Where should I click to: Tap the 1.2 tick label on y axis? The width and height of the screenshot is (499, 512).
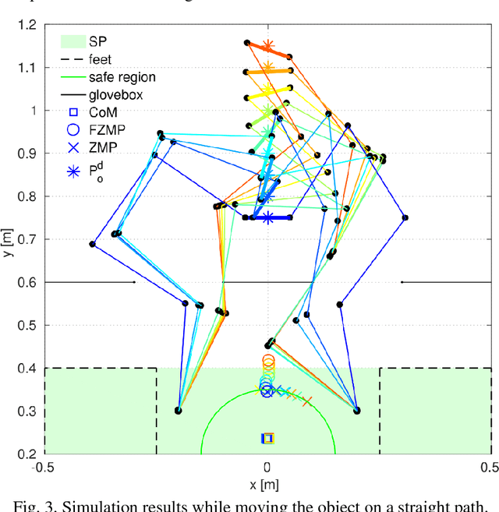click(x=30, y=25)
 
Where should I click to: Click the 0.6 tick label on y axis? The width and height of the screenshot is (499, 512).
click(x=30, y=282)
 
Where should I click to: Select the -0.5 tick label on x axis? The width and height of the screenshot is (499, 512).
click(x=44, y=467)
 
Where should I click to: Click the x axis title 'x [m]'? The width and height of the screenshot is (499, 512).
click(x=267, y=484)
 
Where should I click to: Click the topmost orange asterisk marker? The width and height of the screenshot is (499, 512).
click(x=268, y=46)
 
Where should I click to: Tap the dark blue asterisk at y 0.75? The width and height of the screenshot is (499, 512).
click(x=268, y=217)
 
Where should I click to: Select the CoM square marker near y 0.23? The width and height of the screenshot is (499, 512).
click(x=267, y=439)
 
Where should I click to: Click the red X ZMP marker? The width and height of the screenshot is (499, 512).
click(x=307, y=401)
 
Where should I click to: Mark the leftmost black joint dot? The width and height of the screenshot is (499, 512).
click(x=92, y=244)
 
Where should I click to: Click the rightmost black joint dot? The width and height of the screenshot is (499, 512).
click(x=405, y=217)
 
